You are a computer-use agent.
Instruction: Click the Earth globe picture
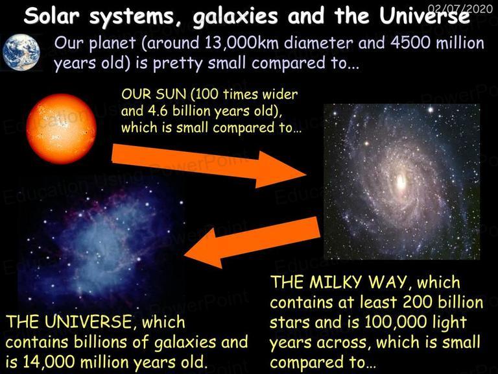(21, 52)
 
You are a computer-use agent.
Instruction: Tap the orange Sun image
(62, 129)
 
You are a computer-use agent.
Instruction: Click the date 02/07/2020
(460, 8)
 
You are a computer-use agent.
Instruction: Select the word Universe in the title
(425, 16)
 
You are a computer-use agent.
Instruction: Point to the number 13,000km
(243, 43)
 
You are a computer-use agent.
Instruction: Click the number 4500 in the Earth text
(410, 43)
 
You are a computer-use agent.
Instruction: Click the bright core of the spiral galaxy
(401, 182)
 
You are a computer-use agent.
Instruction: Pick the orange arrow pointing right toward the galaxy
(209, 166)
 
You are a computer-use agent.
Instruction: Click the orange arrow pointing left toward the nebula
(252, 242)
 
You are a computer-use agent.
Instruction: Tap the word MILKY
(336, 282)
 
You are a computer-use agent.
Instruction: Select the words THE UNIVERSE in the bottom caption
(68, 321)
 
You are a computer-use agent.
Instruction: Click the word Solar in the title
(51, 16)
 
